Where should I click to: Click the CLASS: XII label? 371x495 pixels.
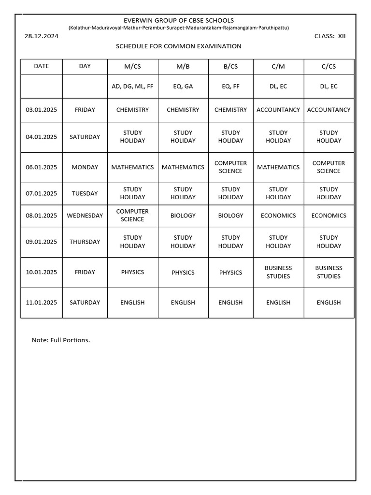pyautogui.click(x=330, y=36)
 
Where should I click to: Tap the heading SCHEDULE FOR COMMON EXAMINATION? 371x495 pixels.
pyautogui.click(x=179, y=46)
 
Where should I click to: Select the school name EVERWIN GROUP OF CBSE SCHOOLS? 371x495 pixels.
pyautogui.click(x=179, y=20)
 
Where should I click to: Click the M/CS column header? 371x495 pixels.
pyautogui.click(x=132, y=67)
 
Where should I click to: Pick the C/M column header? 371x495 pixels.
pyautogui.click(x=278, y=67)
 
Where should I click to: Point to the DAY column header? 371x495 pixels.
pyautogui.click(x=85, y=66)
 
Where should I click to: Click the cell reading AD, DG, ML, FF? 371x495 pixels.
pyautogui.click(x=132, y=87)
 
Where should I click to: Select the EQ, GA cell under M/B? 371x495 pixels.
pyautogui.click(x=183, y=87)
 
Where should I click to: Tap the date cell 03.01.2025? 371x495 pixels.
pyautogui.click(x=42, y=110)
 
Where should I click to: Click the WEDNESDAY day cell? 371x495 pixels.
pyautogui.click(x=85, y=216)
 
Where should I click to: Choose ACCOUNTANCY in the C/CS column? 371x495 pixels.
pyautogui.click(x=328, y=110)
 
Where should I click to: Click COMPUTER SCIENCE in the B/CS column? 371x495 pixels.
pyautogui.click(x=230, y=167)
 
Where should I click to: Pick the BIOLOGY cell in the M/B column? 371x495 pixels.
pyautogui.click(x=183, y=216)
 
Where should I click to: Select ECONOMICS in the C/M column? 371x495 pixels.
pyautogui.click(x=278, y=216)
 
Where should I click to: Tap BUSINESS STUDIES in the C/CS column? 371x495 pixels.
pyautogui.click(x=328, y=272)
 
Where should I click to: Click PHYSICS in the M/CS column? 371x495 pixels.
pyautogui.click(x=132, y=272)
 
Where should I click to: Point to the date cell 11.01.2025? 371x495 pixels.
pyautogui.click(x=42, y=303)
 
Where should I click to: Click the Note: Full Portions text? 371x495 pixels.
pyautogui.click(x=61, y=340)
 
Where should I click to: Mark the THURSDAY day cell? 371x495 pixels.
pyautogui.click(x=85, y=242)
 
